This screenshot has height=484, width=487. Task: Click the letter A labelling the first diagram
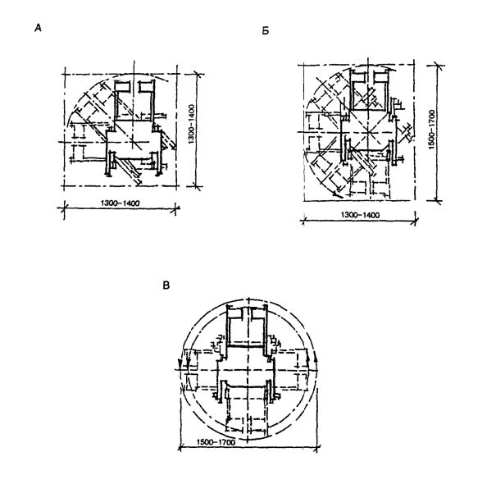(x=38, y=28)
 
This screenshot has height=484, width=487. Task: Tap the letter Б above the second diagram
(x=266, y=31)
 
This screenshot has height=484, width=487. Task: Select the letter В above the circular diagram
(x=166, y=285)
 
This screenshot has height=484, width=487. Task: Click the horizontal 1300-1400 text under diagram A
(x=121, y=203)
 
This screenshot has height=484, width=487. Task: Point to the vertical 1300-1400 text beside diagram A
(x=191, y=124)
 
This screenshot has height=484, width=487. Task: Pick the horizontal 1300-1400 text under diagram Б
(x=360, y=215)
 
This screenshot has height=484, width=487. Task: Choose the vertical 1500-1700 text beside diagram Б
(x=432, y=130)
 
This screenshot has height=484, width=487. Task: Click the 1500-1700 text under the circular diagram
(x=216, y=441)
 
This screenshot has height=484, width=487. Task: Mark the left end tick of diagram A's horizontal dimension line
(x=64, y=208)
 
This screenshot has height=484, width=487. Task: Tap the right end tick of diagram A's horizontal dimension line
(x=176, y=208)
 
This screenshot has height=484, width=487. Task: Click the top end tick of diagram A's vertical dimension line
(x=196, y=74)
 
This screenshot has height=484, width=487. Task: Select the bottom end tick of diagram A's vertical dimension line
(x=196, y=186)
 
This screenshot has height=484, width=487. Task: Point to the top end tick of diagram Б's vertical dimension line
(x=437, y=66)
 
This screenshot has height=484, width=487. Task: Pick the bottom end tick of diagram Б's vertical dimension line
(x=437, y=201)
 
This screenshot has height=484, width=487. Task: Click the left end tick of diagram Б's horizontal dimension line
(x=303, y=221)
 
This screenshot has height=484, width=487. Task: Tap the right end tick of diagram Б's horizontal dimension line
(x=415, y=221)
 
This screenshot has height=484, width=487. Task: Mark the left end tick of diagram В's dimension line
(x=180, y=448)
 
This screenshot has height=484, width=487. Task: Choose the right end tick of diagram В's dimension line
(x=316, y=448)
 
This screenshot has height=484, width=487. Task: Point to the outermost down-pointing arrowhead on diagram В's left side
(x=180, y=363)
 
